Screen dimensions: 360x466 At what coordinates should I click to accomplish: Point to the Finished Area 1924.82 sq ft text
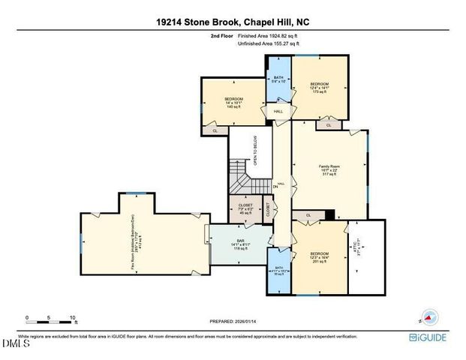click(x=268, y=36)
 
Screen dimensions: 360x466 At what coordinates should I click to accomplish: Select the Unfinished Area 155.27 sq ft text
click(x=268, y=44)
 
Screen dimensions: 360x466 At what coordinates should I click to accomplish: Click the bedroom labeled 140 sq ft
click(x=232, y=103)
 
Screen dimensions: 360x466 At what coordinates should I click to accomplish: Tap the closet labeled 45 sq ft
click(x=245, y=208)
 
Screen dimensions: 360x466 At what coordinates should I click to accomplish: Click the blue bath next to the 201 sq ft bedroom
click(x=278, y=272)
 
